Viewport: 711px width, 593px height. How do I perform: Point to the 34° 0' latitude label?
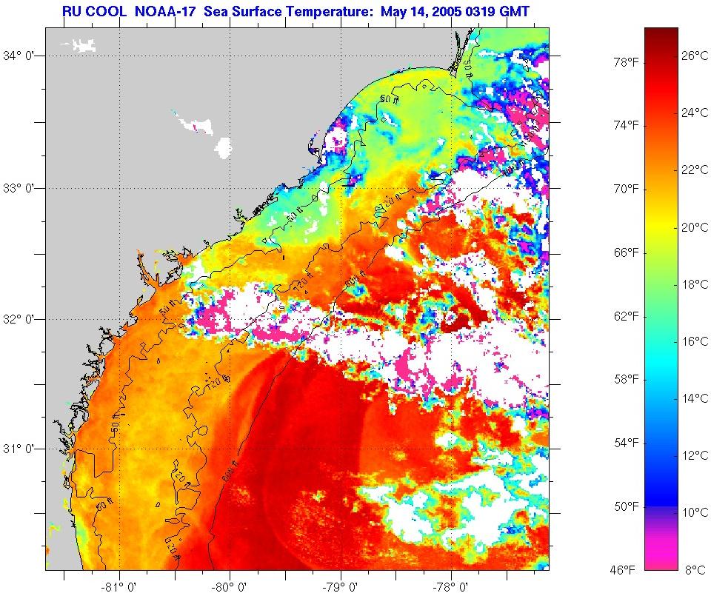(x=22, y=56)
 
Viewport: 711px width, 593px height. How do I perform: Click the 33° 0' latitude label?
(x=22, y=188)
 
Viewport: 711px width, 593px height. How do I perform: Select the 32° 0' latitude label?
(x=22, y=319)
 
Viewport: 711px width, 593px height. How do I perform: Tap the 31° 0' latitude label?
(x=22, y=449)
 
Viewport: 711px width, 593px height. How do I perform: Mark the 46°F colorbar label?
(x=623, y=569)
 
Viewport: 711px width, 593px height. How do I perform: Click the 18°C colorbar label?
(x=695, y=284)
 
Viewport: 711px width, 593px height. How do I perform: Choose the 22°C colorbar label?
(x=695, y=170)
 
